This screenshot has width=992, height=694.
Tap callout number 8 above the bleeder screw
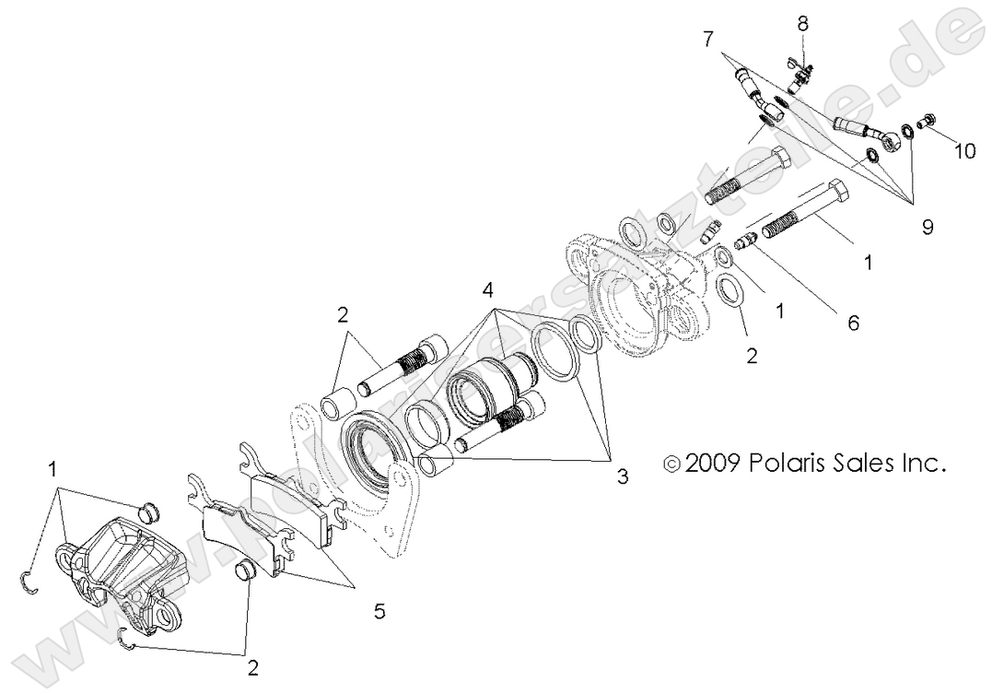point(802,20)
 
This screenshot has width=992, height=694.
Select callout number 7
point(708,39)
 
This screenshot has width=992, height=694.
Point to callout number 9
point(928,225)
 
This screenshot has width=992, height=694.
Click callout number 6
point(853,323)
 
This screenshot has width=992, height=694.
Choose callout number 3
point(623,476)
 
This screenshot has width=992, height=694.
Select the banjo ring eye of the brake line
point(890,139)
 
